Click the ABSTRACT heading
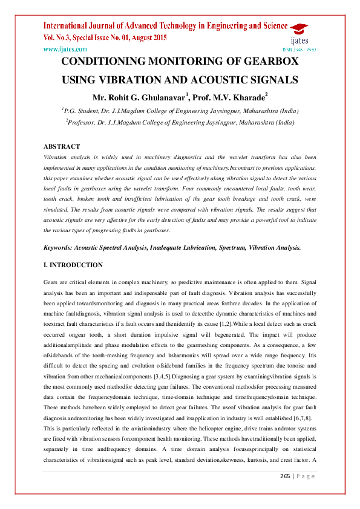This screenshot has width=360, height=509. click(x=62, y=146)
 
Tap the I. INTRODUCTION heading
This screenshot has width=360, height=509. click(x=73, y=265)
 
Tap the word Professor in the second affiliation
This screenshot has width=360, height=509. click(x=86, y=122)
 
